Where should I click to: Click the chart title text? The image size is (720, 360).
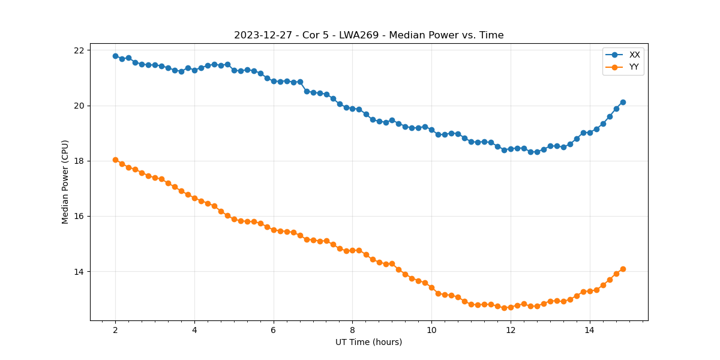pos(368,35)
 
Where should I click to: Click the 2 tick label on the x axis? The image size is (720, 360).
pos(115,330)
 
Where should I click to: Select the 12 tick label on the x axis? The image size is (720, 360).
pos(510,330)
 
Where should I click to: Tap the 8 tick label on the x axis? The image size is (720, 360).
pos(352,330)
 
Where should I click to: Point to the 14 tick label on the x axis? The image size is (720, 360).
pos(589,330)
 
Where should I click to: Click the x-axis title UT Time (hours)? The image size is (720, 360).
pos(368,342)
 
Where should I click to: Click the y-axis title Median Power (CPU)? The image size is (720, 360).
pos(65,182)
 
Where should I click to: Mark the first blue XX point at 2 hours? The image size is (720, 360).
pos(115,56)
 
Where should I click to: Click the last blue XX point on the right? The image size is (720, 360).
pos(623,102)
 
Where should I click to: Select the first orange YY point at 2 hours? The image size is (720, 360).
pos(115,160)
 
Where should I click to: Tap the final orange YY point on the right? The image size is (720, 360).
pos(623,269)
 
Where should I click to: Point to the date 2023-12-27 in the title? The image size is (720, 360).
pos(262,35)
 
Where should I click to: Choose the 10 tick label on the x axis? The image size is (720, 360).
pos(431,330)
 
